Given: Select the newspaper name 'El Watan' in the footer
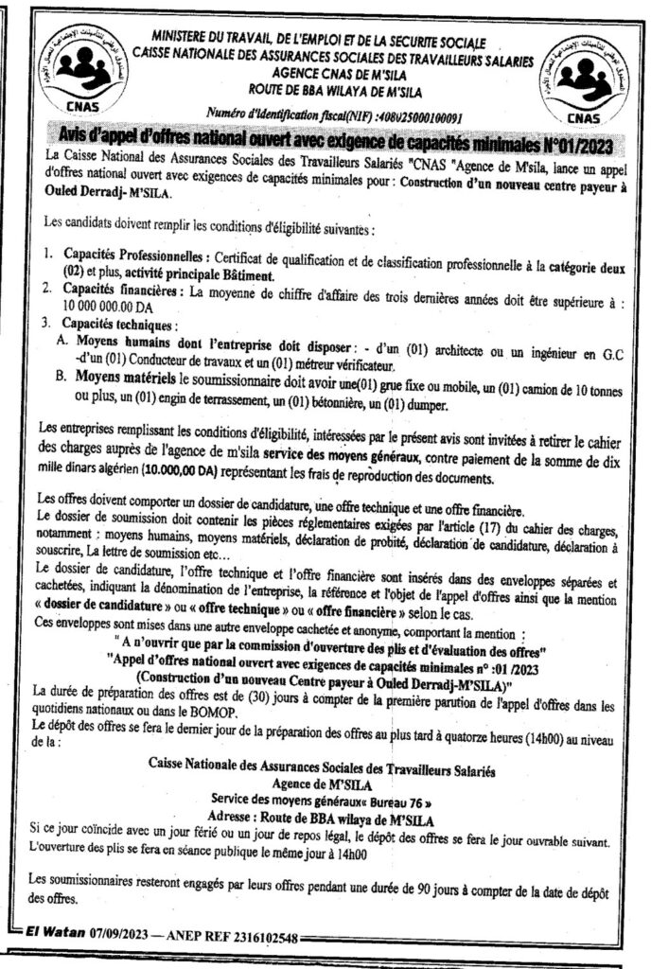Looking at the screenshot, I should pyautogui.click(x=52, y=938).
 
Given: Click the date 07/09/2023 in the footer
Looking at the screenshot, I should pyautogui.click(x=124, y=938).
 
